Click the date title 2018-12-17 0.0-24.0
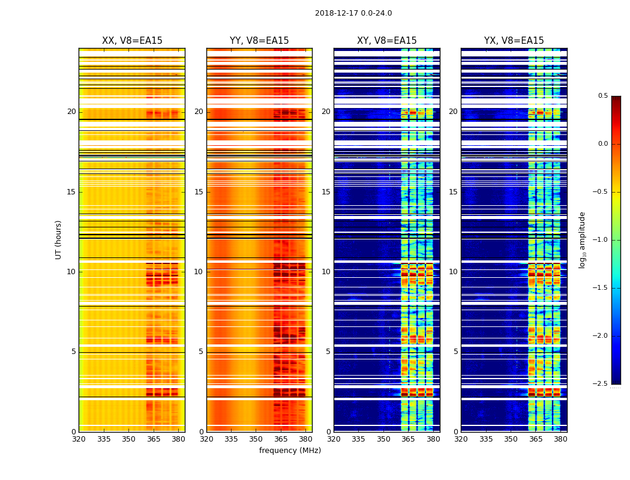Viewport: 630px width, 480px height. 353,13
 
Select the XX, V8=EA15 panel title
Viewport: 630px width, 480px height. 132,41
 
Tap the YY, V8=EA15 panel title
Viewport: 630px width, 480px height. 259,41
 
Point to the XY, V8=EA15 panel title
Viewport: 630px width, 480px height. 387,41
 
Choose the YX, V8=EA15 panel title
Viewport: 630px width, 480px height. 514,41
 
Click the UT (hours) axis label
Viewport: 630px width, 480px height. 59,239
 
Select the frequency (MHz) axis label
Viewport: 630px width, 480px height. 290,451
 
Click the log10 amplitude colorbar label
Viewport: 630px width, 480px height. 582,239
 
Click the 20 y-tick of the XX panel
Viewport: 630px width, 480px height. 71,112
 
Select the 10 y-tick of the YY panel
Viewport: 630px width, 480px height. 199,272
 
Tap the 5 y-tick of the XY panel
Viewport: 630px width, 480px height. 328,352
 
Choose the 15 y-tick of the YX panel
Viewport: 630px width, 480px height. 454,192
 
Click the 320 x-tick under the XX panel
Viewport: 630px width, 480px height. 79,439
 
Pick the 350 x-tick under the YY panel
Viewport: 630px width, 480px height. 256,439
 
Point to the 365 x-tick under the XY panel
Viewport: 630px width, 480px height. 409,439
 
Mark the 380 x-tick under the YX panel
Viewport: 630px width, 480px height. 560,439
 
